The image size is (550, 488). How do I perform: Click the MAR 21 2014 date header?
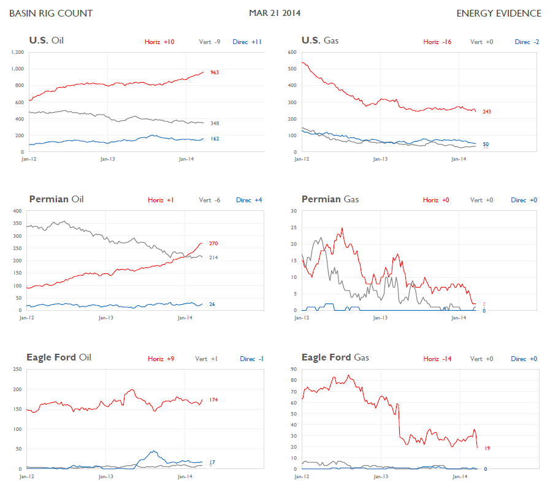[x=275, y=13]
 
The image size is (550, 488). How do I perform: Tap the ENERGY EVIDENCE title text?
[x=498, y=13]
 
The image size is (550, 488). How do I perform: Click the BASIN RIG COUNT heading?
[x=51, y=13]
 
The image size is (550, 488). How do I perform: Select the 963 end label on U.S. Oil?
[x=215, y=72]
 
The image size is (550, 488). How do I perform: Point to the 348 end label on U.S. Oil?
[x=215, y=123]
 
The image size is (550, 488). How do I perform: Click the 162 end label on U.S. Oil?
[x=215, y=139]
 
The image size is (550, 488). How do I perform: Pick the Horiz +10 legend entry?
[x=159, y=42]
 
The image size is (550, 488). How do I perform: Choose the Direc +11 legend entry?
[x=247, y=42]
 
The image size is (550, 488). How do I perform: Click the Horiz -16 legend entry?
[x=437, y=42]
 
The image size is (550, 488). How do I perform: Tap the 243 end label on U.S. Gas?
[x=487, y=112]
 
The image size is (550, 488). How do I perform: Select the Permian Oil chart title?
[x=56, y=199]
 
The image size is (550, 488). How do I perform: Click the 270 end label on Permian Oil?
[x=213, y=243]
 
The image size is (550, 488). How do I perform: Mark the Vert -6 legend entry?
[x=210, y=200]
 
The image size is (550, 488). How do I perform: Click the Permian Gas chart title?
[x=330, y=199]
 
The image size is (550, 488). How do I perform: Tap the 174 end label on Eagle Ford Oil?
[x=213, y=400]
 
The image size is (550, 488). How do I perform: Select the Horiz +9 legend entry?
[x=161, y=359]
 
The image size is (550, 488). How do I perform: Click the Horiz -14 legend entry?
[x=437, y=359]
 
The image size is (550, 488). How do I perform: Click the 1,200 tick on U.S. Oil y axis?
[x=17, y=52]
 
